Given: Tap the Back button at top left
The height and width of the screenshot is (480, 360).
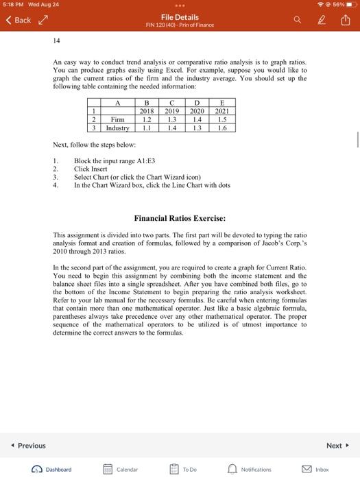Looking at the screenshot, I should tap(19, 21).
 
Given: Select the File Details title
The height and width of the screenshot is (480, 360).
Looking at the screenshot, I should tap(180, 17).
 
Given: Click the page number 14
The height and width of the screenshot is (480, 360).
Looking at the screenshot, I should tap(57, 41).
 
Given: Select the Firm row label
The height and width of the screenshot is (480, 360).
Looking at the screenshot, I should tap(117, 119).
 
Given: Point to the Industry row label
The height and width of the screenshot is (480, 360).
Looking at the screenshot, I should tap(117, 128).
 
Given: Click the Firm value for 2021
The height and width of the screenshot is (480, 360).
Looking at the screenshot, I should tap(221, 119).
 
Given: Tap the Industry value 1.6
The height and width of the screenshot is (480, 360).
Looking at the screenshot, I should tap(221, 128).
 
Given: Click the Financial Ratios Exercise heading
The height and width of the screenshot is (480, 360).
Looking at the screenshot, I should tap(180, 219).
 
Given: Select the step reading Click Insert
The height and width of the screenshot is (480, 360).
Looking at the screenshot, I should tap(93, 169).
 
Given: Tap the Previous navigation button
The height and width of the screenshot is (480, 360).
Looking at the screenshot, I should tap(28, 446).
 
